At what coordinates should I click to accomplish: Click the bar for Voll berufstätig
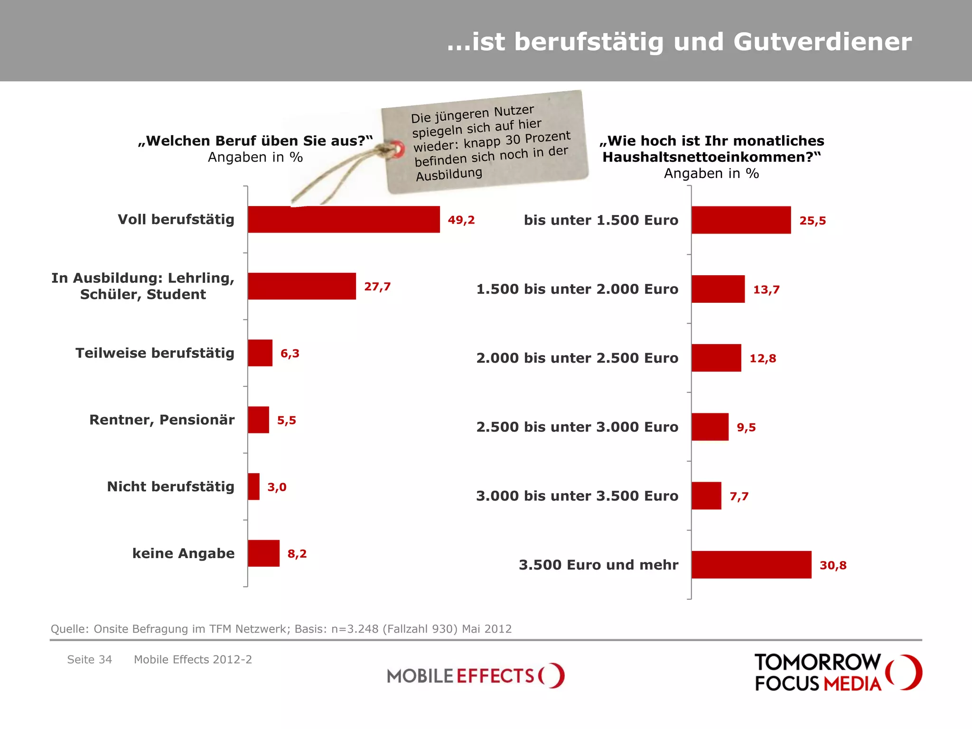[344, 219]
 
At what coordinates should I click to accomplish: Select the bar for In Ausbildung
[302, 286]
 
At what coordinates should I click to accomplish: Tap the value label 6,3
[290, 353]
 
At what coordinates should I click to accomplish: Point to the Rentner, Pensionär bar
[258, 420]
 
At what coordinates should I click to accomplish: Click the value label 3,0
[277, 487]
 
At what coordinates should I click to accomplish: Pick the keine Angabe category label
[183, 553]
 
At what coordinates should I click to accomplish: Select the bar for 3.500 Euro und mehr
[751, 565]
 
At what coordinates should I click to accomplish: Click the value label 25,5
[813, 221]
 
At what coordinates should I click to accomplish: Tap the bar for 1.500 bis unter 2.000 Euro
[718, 289]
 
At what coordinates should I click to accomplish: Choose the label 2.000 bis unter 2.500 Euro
[577, 358]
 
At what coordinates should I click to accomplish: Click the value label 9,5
[746, 427]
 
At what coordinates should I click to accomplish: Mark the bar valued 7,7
[706, 496]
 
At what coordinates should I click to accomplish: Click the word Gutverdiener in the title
[822, 42]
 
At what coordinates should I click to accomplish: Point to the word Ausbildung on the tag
[449, 174]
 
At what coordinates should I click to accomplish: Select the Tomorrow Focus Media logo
[838, 672]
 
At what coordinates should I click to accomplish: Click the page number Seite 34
[90, 659]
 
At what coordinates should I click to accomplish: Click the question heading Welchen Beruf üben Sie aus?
[255, 141]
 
